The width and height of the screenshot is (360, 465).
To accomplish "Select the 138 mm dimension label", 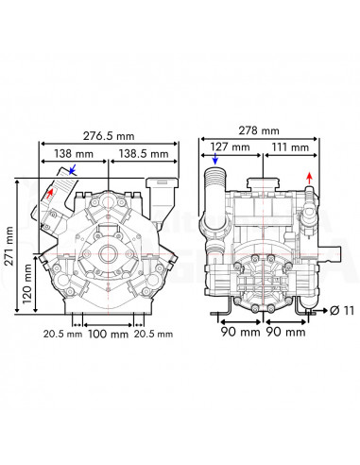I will pos(74,151).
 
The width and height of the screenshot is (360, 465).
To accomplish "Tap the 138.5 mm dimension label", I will pos(144,151).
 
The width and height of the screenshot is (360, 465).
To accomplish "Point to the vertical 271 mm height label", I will pos(10,249).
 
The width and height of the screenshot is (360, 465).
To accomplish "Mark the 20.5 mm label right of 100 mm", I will pos(153,334).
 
